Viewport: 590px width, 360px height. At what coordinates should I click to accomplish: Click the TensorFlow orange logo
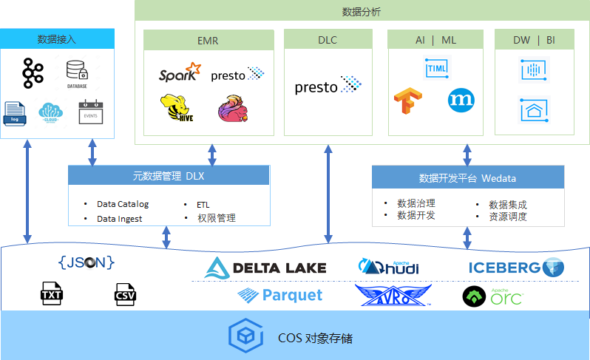(407, 101)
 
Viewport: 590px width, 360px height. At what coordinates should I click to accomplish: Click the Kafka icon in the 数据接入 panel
(33, 72)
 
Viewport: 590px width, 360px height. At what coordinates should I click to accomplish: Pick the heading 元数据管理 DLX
(169, 176)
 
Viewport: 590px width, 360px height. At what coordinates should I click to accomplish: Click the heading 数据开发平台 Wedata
(467, 178)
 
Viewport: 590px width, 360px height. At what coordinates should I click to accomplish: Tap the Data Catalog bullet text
(123, 204)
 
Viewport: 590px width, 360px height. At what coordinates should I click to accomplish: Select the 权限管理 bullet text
(216, 218)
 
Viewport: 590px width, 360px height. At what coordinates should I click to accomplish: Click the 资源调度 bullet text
(508, 217)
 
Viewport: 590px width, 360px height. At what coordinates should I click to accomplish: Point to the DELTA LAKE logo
(265, 268)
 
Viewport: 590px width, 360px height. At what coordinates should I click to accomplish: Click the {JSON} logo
(87, 262)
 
